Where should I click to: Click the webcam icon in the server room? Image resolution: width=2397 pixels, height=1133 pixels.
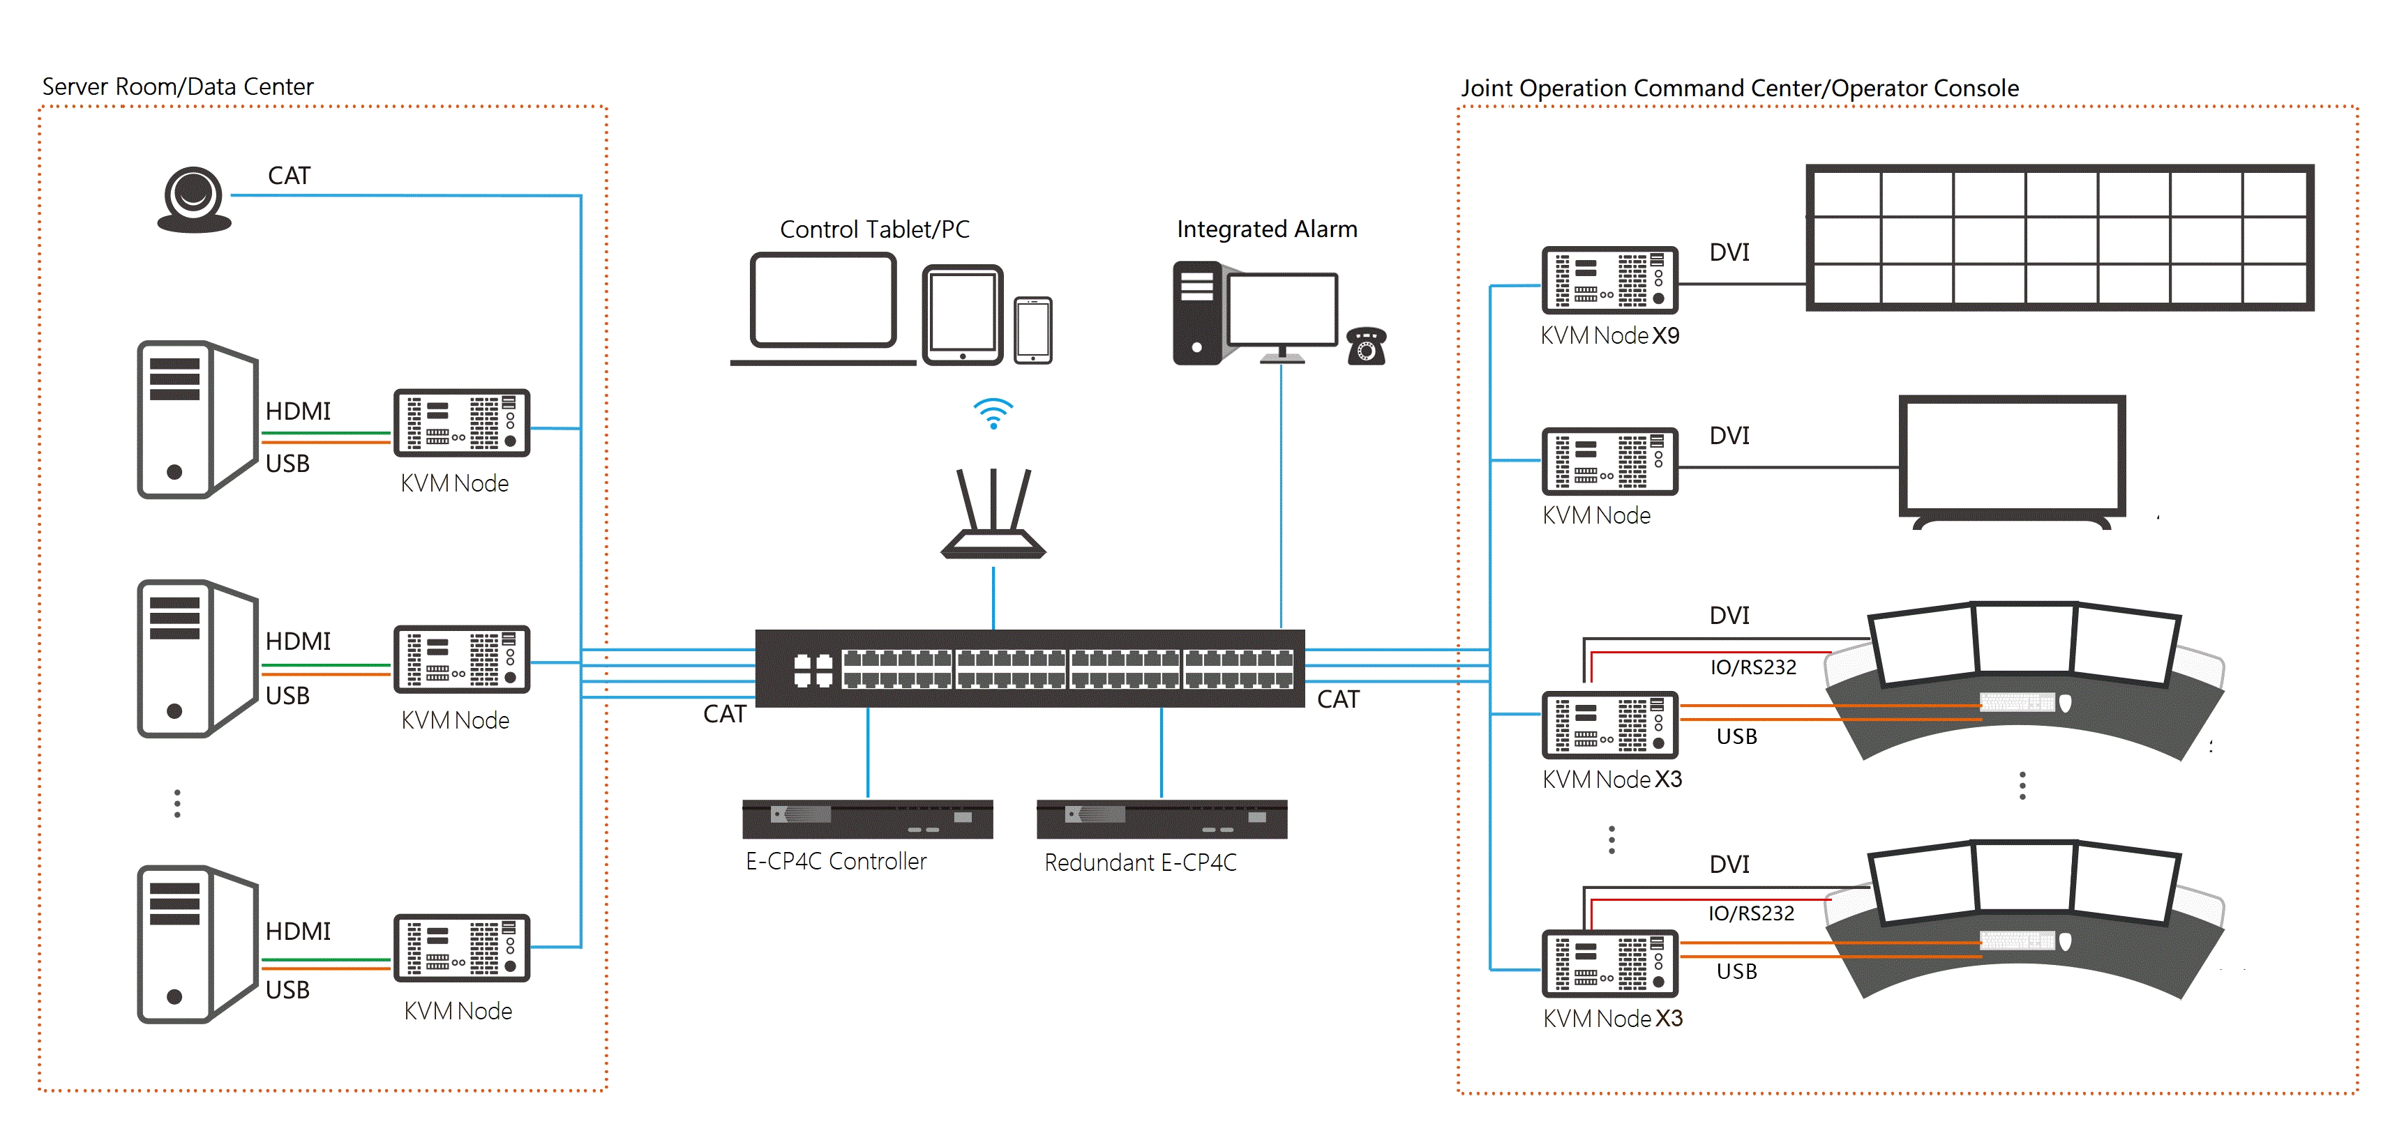193,199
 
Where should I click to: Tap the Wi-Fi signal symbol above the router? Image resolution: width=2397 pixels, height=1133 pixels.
993,413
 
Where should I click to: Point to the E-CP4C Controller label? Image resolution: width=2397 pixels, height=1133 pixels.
836,861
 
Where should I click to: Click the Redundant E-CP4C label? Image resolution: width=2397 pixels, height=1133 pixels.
1140,862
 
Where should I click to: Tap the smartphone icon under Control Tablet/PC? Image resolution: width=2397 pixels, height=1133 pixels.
1033,330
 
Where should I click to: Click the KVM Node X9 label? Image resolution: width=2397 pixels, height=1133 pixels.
1610,336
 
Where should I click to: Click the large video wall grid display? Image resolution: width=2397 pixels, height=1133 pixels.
2059,238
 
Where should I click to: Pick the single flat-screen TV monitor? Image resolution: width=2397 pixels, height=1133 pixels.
2012,459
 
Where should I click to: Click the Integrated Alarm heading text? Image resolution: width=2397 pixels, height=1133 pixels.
1266,229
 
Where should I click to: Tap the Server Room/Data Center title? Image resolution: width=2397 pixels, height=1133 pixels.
178,86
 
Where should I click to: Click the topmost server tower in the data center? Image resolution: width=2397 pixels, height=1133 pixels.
195,418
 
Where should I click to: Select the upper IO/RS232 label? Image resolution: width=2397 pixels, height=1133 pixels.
1752,667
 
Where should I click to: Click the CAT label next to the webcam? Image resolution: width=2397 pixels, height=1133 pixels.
288,176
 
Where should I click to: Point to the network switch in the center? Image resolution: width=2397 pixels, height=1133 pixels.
1029,668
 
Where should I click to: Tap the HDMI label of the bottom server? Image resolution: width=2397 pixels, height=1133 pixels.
298,931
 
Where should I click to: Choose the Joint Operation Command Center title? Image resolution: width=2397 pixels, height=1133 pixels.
1738,89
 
